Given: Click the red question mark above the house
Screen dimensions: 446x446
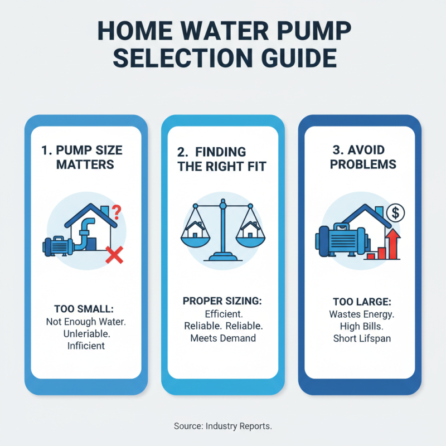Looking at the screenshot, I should [x=117, y=211].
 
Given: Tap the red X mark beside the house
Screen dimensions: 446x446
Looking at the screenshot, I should [x=114, y=255].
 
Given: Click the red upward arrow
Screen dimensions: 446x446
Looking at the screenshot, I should [x=394, y=244].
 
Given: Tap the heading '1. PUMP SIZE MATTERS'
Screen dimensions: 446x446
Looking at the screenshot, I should [x=85, y=157].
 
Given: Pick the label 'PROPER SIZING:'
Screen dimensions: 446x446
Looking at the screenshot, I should [x=222, y=301].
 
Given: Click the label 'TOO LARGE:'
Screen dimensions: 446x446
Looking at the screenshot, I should [x=360, y=302].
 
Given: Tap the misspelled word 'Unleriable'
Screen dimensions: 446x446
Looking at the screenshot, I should [x=85, y=333].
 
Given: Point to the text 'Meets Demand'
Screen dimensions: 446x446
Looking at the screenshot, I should [x=222, y=338].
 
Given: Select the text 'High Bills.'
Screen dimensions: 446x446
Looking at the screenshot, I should [x=360, y=326].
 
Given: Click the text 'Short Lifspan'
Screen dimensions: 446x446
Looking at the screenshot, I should [x=360, y=338].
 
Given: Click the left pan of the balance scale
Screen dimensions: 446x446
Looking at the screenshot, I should [x=196, y=237].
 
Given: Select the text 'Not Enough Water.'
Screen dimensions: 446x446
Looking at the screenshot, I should [x=85, y=322].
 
